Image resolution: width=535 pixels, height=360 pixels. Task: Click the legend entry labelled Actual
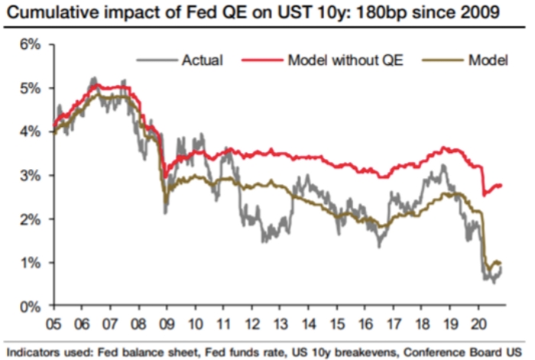[x=203, y=59]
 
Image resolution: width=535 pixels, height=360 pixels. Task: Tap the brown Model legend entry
[x=489, y=59]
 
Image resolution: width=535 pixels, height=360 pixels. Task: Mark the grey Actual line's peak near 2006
[x=93, y=77]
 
